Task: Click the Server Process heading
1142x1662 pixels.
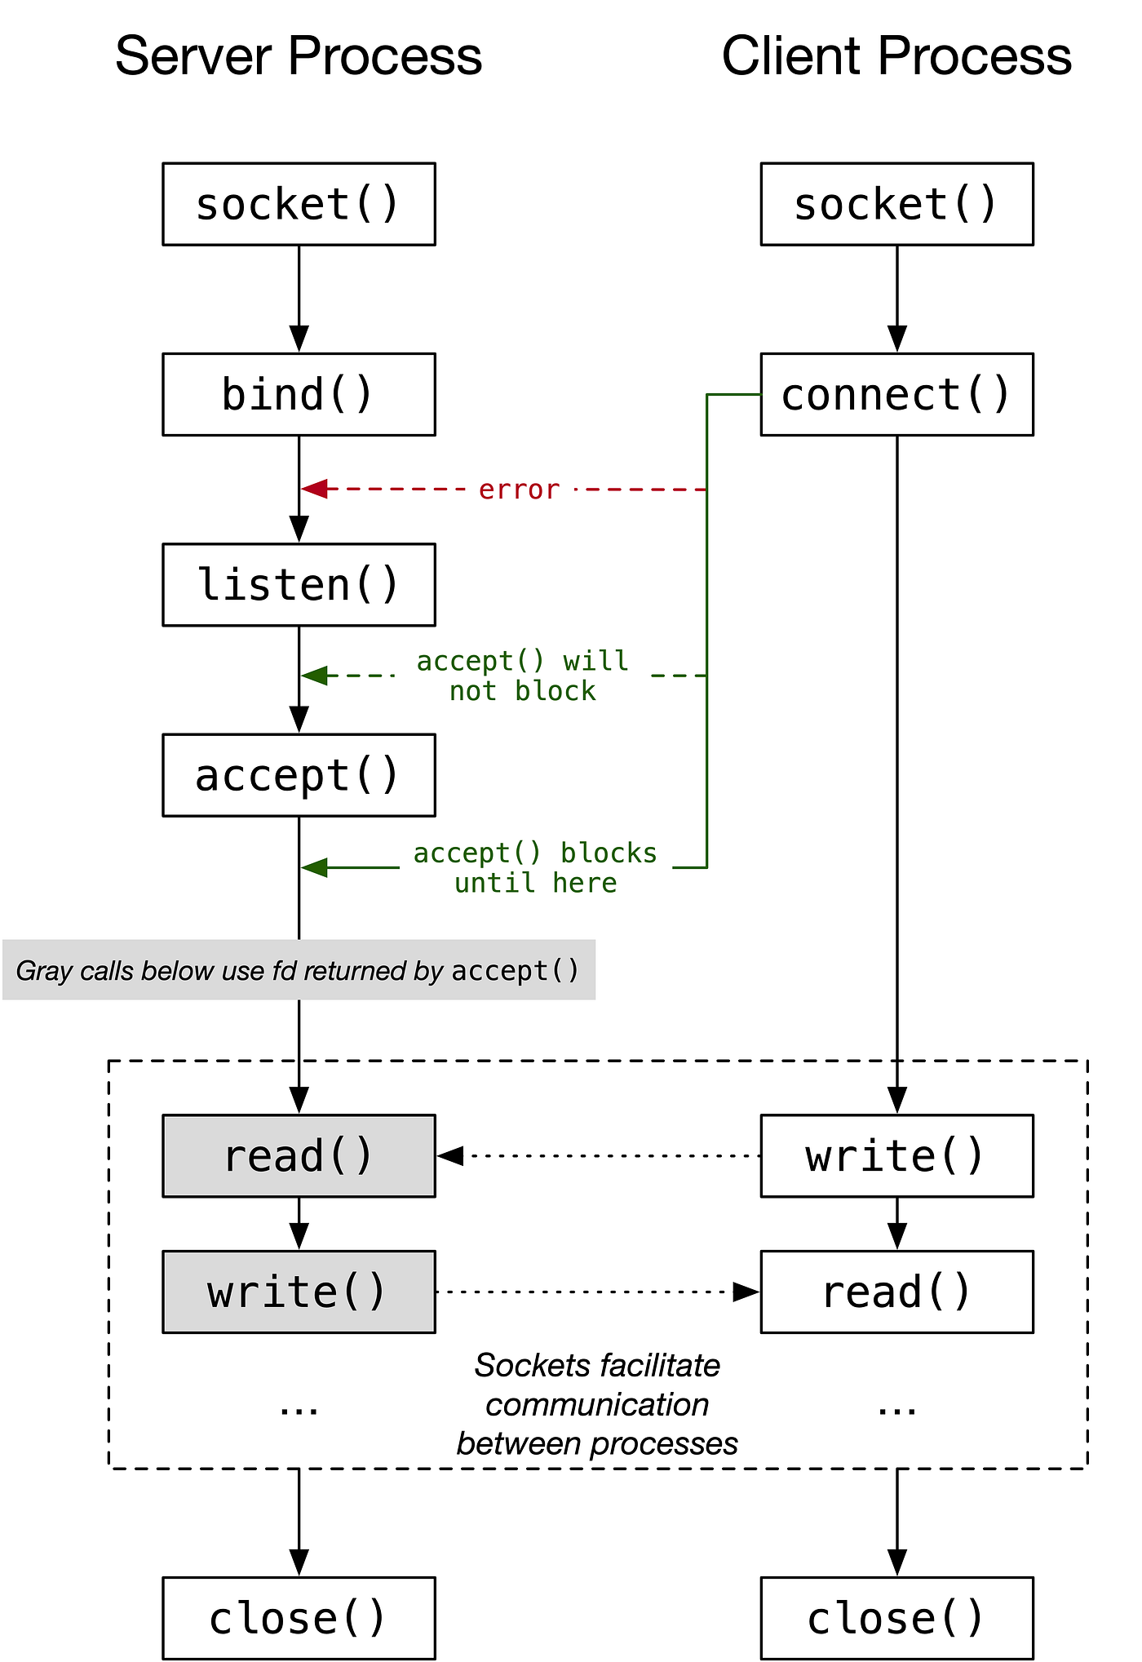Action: [x=299, y=56]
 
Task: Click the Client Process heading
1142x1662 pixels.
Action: [x=896, y=56]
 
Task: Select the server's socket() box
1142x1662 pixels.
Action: [x=299, y=204]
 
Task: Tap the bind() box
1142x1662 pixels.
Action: [x=299, y=394]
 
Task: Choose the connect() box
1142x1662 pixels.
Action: [x=896, y=394]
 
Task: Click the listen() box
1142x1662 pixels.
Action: [x=299, y=585]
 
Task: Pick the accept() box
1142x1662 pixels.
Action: [x=299, y=775]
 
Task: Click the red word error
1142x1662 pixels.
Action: [x=519, y=490]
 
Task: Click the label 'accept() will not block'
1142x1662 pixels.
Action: [x=522, y=676]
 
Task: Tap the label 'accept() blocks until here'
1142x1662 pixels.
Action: [x=535, y=867]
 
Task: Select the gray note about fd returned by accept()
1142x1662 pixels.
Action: [x=299, y=970]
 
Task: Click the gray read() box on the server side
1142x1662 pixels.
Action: [x=299, y=1156]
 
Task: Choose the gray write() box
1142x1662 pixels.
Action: [x=299, y=1292]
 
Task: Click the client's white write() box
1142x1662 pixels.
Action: [x=896, y=1156]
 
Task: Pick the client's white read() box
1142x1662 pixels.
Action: [x=896, y=1292]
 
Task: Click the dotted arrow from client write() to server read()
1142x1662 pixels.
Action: [x=604, y=1156]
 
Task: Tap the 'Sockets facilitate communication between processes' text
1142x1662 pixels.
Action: [x=597, y=1404]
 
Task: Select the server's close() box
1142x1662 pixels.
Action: [x=299, y=1618]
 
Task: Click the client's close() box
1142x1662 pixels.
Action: [x=896, y=1618]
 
